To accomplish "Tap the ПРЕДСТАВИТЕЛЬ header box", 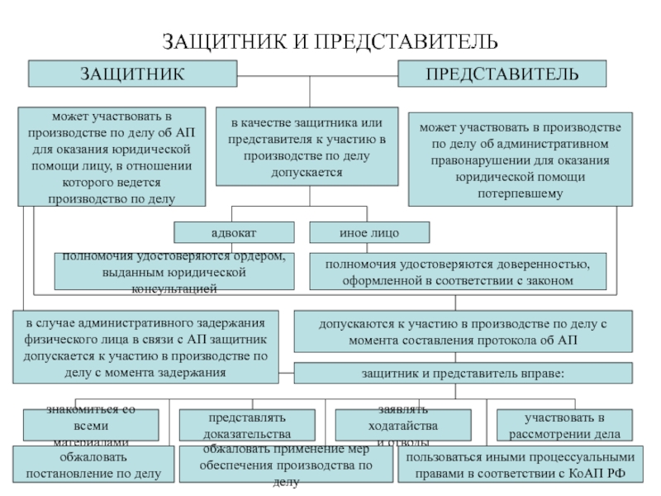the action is [502, 74].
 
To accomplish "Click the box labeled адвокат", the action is [234, 232].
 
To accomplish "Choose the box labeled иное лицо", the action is [369, 232].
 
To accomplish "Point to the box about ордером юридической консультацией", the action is [174, 272].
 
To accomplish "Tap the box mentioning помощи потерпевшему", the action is [520, 160].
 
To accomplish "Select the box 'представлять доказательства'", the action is [249, 426].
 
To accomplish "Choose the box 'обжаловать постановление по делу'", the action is [94, 465].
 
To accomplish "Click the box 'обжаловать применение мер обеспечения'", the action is [285, 465].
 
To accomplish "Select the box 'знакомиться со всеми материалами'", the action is [90, 426].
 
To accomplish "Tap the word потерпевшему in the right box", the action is [520, 193].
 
